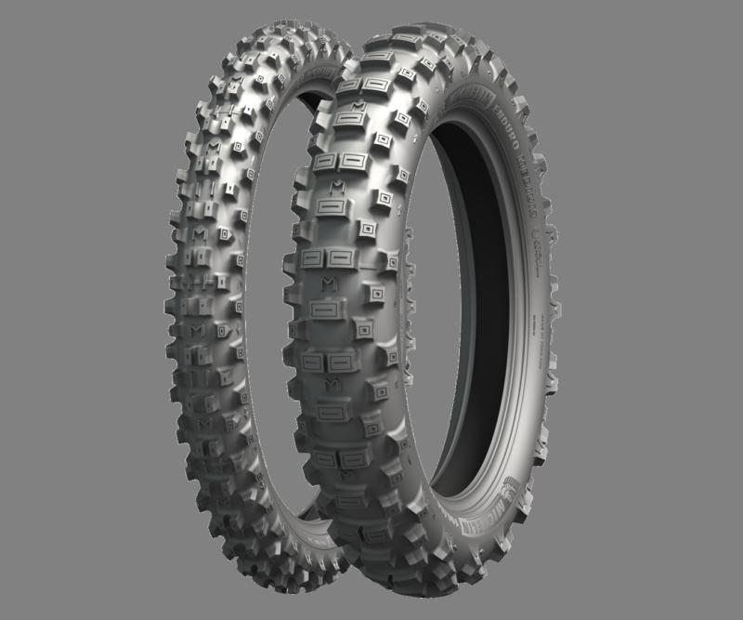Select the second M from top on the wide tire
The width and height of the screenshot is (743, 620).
pyautogui.click(x=329, y=281)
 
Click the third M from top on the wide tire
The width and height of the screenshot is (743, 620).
pyautogui.click(x=332, y=383)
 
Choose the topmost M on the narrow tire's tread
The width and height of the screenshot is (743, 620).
pyautogui.click(x=215, y=148)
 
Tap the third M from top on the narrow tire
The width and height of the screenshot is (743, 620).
pyautogui.click(x=196, y=330)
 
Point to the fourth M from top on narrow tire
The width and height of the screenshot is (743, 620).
pyautogui.click(x=205, y=423)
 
